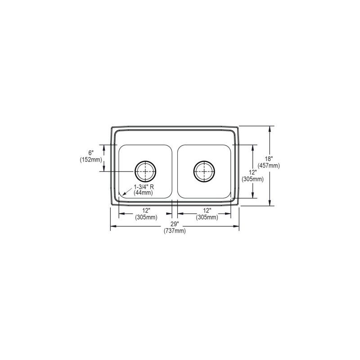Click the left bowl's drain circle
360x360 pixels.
pyautogui.click(x=135, y=171)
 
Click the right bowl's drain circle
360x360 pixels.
pyautogui.click(x=194, y=171)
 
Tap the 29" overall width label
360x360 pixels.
pyautogui.click(x=175, y=224)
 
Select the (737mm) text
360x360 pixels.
pyautogui.click(x=175, y=231)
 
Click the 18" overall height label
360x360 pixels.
pyautogui.click(x=269, y=159)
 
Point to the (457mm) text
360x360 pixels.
pyautogui.click(x=269, y=165)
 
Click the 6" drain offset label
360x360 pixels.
pyautogui.click(x=91, y=153)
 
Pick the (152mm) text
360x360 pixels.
pyautogui.click(x=91, y=160)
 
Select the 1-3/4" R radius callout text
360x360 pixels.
pyautogui.click(x=144, y=187)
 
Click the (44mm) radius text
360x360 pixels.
pyautogui.click(x=143, y=193)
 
